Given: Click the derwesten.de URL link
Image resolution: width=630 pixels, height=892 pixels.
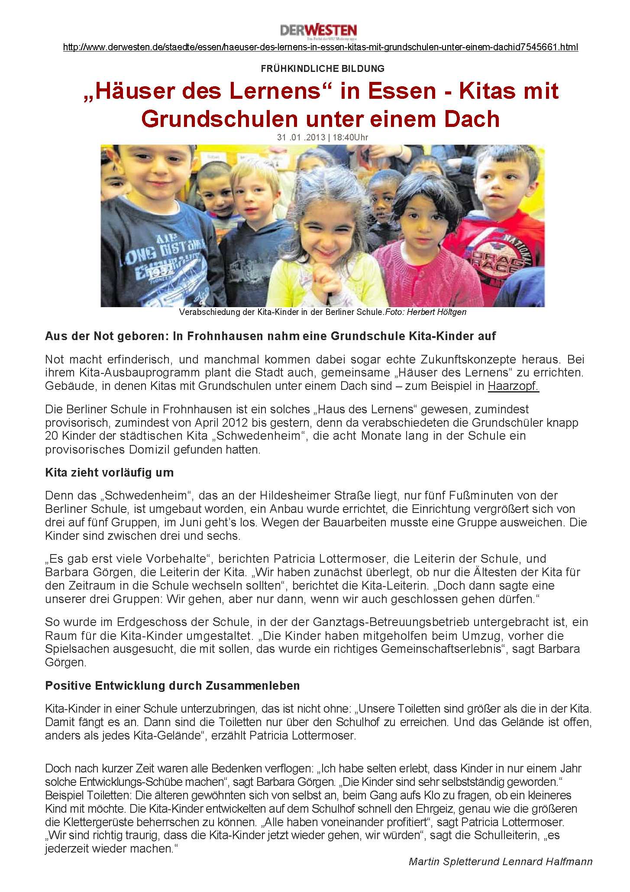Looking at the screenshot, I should [x=320, y=47].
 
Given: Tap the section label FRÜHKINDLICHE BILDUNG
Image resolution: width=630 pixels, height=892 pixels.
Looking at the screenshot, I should [x=323, y=68].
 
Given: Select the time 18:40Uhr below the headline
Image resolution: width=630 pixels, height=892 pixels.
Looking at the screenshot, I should [x=350, y=137].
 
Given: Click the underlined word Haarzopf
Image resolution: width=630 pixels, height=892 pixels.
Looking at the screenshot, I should [x=513, y=386].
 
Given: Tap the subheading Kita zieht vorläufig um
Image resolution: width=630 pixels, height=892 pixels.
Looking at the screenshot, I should [x=109, y=473].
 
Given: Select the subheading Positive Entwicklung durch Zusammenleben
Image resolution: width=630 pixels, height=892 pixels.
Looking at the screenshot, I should [x=172, y=686].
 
